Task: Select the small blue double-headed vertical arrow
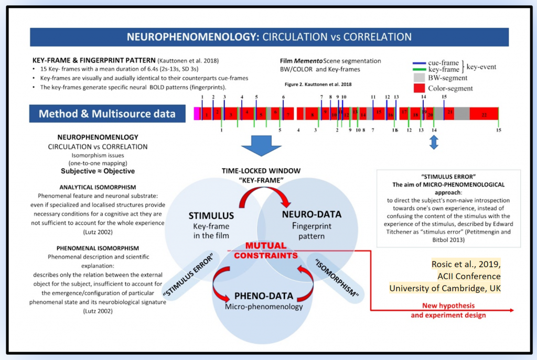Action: pos(434,142)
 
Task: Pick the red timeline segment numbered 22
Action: pos(484,114)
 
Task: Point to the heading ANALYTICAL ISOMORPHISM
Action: pos(98,187)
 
